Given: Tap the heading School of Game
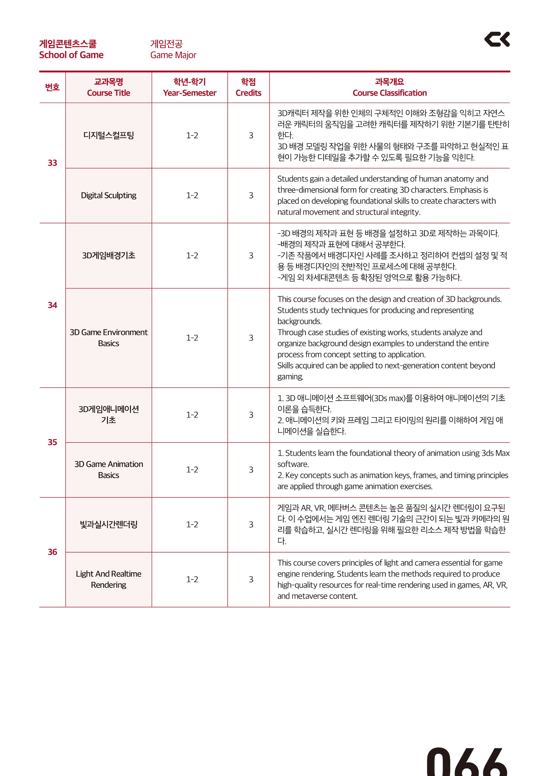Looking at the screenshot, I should (71, 55).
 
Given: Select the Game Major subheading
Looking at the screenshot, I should (173, 55).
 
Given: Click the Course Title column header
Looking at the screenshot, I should (108, 93).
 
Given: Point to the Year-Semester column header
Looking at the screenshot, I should (189, 93).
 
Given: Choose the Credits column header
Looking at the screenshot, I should (248, 93).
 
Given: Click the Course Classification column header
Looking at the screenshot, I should (389, 93).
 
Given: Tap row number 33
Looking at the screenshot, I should (52, 163).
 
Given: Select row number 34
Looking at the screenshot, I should (52, 305).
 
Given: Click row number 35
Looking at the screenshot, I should (52, 442).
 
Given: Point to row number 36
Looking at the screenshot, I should (52, 552).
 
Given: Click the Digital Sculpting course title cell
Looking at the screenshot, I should (108, 195).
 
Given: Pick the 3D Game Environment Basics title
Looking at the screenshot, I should (108, 338).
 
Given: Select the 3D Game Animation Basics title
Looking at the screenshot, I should (108, 469).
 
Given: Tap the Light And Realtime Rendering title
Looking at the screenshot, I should (108, 579).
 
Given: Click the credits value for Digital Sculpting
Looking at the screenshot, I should (251, 195).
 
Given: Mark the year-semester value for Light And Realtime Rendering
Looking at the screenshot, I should (192, 580).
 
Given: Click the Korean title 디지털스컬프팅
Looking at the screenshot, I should (108, 135).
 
